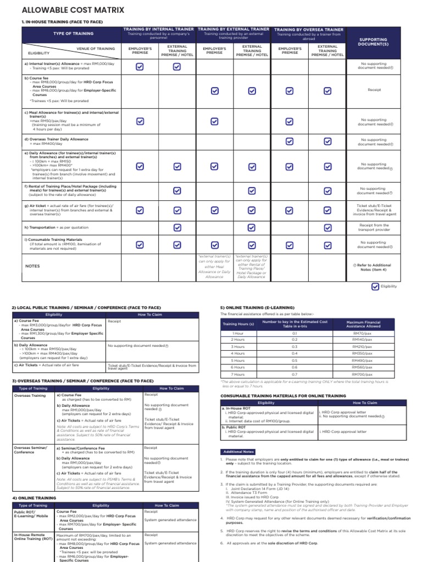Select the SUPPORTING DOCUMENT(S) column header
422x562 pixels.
click(373, 42)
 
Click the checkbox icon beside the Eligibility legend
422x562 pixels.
click(375, 286)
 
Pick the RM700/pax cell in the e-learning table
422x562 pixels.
click(363, 373)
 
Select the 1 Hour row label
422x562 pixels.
click(238, 333)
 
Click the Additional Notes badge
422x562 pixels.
click(238, 451)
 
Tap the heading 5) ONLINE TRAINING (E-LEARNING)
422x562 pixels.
click(257, 307)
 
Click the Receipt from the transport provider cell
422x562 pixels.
click(373, 227)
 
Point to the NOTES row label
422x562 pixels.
click(33, 266)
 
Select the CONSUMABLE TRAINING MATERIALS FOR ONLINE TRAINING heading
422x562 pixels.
click(283, 395)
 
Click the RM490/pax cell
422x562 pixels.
click(363, 360)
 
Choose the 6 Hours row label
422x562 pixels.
click(238, 367)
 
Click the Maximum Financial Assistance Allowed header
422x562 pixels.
click(363, 324)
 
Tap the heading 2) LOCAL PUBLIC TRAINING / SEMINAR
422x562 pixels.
click(86, 307)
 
